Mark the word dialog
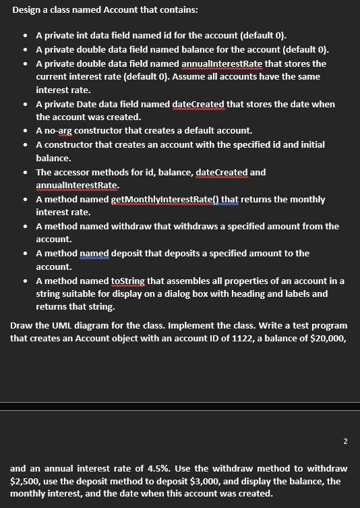(214, 294)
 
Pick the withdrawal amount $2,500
(24, 481)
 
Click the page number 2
(345, 441)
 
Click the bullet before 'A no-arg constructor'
(26, 131)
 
